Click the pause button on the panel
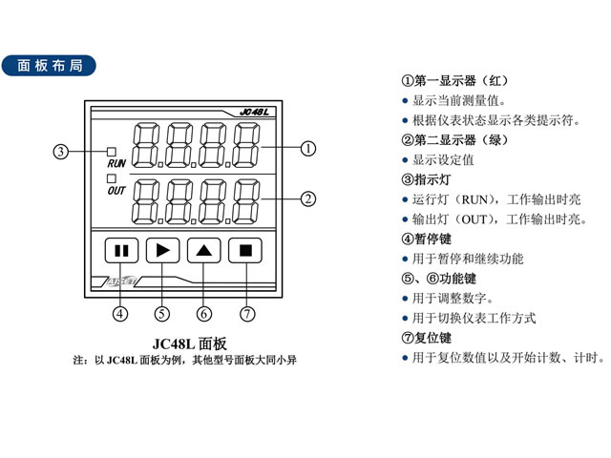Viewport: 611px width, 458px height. click(x=121, y=251)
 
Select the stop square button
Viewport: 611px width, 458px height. click(x=246, y=251)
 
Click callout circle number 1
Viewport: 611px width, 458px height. click(x=308, y=149)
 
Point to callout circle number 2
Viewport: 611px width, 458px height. click(x=308, y=199)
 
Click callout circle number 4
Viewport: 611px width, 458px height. click(x=120, y=313)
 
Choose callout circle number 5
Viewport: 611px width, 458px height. click(x=162, y=313)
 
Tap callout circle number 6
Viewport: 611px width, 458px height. click(x=204, y=313)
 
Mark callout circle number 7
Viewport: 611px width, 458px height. click(x=247, y=313)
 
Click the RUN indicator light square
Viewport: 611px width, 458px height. click(x=111, y=152)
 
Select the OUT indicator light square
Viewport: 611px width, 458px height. click(x=111, y=177)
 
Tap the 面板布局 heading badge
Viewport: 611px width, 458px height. click(x=56, y=66)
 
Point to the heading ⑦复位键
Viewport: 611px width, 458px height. click(x=427, y=338)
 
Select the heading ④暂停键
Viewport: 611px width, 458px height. click(x=427, y=239)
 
